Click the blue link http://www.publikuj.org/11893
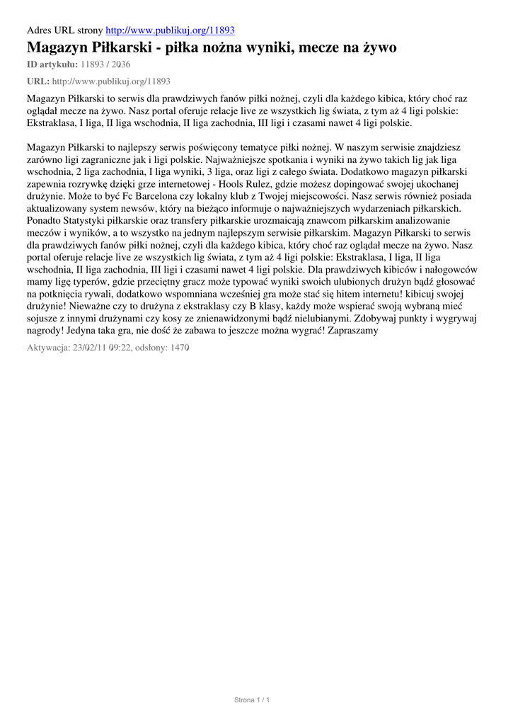(170, 30)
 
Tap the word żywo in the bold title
(376, 48)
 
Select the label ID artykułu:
(52, 65)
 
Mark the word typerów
(87, 281)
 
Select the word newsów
(160, 208)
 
